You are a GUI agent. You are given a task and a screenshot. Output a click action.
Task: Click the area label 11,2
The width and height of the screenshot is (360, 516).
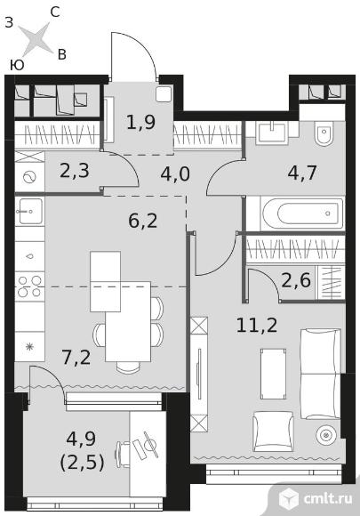coord(257,326)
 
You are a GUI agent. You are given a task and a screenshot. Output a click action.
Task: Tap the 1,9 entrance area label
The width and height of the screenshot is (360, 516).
coord(140,123)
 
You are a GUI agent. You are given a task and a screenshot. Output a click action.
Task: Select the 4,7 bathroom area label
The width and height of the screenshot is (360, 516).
coord(302,173)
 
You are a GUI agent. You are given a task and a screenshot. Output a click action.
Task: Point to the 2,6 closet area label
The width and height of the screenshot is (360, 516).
coord(296,281)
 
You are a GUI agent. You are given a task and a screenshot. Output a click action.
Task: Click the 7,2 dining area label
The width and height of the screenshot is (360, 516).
coord(76,358)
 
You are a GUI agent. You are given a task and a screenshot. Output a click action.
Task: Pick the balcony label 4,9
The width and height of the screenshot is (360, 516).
coord(81,439)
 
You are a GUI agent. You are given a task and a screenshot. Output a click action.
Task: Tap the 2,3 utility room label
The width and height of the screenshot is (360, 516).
coord(75,171)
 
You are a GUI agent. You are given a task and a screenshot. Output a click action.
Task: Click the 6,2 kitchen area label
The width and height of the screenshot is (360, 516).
coord(143,221)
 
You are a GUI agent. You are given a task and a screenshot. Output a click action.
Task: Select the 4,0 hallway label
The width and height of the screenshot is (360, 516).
coord(175,174)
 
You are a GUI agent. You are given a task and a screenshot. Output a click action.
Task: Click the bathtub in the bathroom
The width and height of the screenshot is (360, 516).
coord(302,214)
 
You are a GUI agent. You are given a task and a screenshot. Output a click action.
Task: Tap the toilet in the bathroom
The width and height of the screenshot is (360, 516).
coord(324,133)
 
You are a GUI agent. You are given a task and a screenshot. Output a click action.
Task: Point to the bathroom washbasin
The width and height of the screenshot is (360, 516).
coord(273,132)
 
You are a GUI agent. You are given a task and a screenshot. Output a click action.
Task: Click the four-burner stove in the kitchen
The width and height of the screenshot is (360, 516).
coord(29,286)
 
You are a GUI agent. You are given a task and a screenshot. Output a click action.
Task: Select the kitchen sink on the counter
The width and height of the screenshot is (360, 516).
coord(29,211)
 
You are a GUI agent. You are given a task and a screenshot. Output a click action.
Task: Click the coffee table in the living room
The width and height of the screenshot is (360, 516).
coord(273,374)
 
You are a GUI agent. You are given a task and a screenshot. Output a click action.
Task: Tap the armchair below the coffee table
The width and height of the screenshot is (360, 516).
coord(273,431)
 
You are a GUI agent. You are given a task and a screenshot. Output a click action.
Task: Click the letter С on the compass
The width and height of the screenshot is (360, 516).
coord(55,12)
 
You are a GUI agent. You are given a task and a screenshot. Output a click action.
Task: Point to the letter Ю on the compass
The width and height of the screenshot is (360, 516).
coord(17,66)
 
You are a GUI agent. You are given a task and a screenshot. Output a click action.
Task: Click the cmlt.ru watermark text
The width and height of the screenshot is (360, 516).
coord(328,498)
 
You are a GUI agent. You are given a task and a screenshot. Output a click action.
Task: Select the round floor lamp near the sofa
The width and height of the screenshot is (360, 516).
coord(326,435)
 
